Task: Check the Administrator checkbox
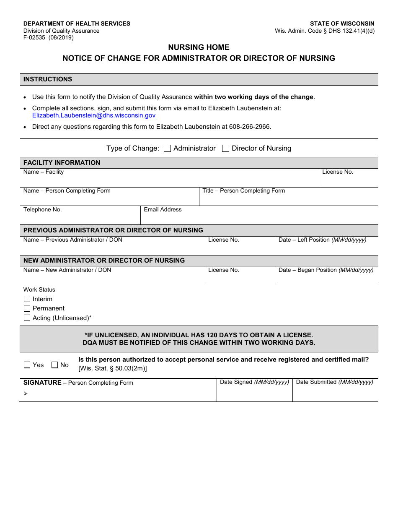click(x=167, y=149)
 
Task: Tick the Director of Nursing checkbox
click(x=225, y=149)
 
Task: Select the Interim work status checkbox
click(x=27, y=299)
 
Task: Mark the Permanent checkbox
click(x=27, y=308)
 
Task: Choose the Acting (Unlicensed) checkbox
click(x=27, y=318)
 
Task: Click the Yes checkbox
click(x=27, y=365)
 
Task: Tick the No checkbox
click(x=55, y=365)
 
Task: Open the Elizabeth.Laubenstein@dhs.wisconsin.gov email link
click(x=94, y=115)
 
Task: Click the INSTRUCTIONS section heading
click(x=48, y=79)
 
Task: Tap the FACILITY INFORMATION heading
click(x=62, y=163)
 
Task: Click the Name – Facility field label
click(x=44, y=172)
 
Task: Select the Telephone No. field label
click(x=42, y=210)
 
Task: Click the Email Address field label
click(x=163, y=210)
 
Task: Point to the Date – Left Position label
click(x=322, y=240)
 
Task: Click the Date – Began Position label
click(x=326, y=270)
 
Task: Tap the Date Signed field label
click(x=254, y=382)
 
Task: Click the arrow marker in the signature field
click(x=26, y=394)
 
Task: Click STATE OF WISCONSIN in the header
click(x=342, y=23)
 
